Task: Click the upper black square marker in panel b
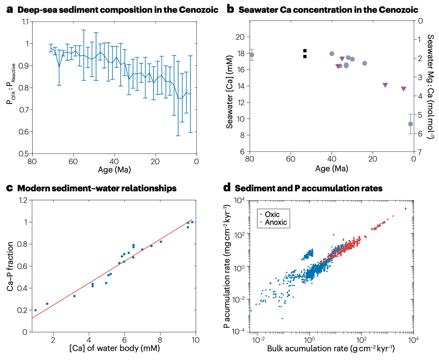click(x=305, y=51)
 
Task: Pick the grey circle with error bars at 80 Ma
click(x=252, y=55)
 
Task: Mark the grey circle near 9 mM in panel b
click(x=410, y=124)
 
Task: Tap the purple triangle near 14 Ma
click(x=385, y=85)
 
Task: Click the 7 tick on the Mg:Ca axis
click(x=420, y=151)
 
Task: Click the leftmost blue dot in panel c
click(x=35, y=310)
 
